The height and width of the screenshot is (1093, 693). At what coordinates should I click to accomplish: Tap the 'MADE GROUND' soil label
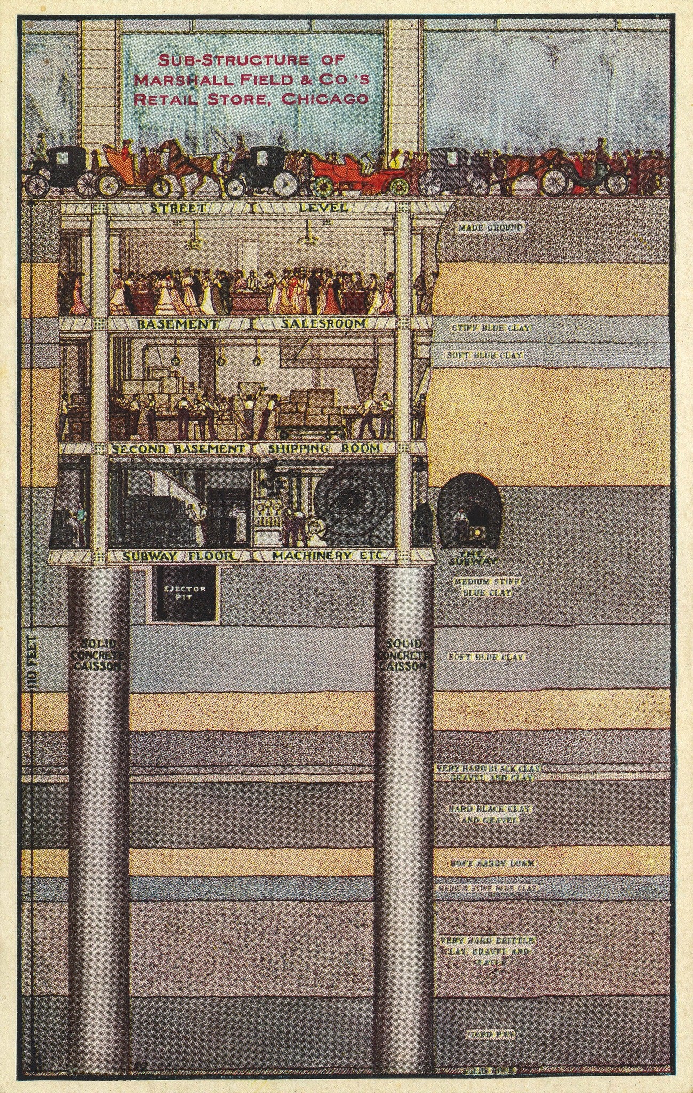[x=491, y=228]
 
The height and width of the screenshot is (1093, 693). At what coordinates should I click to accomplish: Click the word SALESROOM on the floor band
[x=317, y=324]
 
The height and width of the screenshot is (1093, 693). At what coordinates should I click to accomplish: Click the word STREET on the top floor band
[x=170, y=208]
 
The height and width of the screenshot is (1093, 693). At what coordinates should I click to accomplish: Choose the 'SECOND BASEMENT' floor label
[x=180, y=449]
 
